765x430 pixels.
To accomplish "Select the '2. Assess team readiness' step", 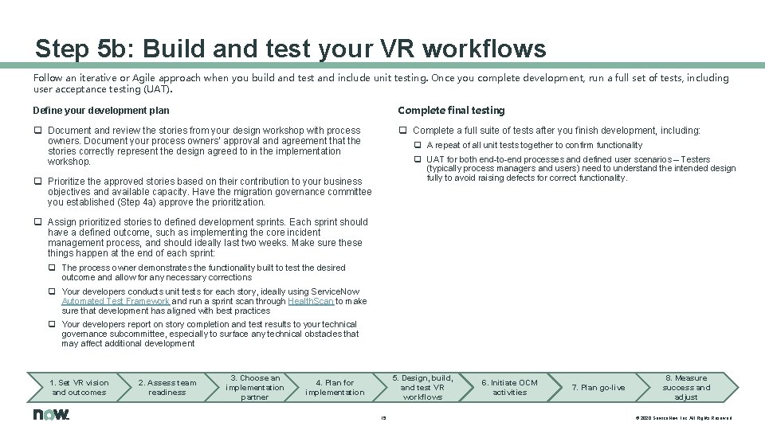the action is coord(167,387).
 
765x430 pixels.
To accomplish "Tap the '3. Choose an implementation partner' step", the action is coord(255,387).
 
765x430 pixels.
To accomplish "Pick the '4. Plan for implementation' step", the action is coord(335,387).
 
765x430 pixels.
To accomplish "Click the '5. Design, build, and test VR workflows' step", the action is coord(422,387).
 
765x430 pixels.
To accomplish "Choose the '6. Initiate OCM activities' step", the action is coord(510,387).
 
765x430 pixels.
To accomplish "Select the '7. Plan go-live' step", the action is coord(598,387).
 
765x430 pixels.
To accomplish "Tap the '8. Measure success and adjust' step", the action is coord(685,387).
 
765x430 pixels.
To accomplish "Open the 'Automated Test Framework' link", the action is coord(116,302).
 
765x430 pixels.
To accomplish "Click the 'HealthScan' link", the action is coord(312,302).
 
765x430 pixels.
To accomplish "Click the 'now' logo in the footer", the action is coord(51,415).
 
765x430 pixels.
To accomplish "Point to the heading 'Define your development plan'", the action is coord(100,111).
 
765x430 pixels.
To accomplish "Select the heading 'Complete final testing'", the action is coord(451,111).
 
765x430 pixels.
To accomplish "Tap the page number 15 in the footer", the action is coord(383,417).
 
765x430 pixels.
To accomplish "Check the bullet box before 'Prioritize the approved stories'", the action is coord(37,182).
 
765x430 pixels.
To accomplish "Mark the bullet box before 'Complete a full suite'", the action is coord(403,131).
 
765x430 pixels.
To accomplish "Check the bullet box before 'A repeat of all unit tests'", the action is coord(417,146).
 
